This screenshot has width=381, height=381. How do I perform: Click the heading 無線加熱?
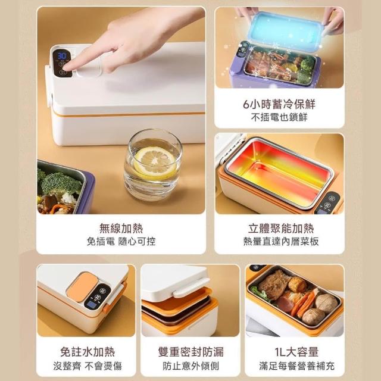coord(121,228)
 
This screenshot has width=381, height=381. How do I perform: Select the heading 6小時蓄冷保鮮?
coord(279,104)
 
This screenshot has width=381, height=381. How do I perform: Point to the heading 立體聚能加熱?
coord(281,228)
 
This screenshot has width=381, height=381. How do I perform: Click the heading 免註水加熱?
coord(88,352)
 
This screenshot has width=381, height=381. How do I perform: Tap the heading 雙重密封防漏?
coord(190,352)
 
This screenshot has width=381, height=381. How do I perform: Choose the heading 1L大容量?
coord(296,352)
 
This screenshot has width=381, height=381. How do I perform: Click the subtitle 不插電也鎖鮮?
coord(279,117)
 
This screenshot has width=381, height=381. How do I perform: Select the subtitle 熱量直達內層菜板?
coord(281,241)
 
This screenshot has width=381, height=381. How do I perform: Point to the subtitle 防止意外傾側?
coord(190,366)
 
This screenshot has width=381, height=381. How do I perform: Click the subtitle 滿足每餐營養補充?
coord(296,366)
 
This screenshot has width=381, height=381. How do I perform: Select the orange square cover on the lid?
coord(82,286)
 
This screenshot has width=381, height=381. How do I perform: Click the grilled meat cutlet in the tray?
coord(274,284)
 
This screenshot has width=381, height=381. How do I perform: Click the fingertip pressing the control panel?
coord(66,67)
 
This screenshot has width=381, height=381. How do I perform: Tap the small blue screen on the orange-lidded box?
coord(91,305)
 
